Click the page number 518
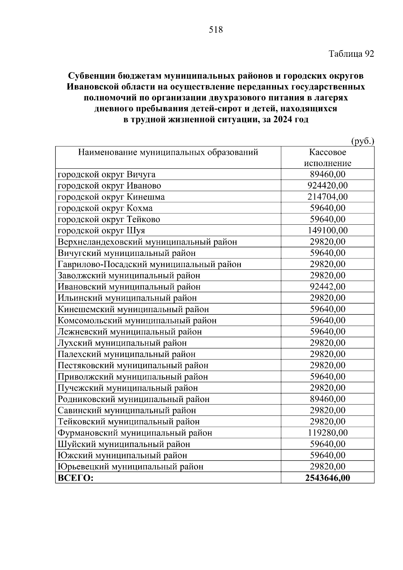(x=216, y=30)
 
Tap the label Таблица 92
(x=351, y=54)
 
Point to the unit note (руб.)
(x=362, y=141)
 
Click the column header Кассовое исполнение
(x=327, y=158)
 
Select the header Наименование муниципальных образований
(x=168, y=152)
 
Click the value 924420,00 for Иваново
(x=327, y=186)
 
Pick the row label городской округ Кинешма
(x=111, y=197)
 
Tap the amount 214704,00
(x=327, y=197)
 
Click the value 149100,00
(x=327, y=231)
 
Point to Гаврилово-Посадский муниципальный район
(x=149, y=264)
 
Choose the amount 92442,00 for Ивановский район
(x=327, y=287)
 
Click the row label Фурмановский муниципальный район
(x=135, y=433)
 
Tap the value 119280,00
(x=327, y=433)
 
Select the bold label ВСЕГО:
(x=75, y=478)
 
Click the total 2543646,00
(x=327, y=478)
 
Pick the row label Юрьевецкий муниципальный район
(x=130, y=467)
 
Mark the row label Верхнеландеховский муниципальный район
(x=147, y=242)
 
